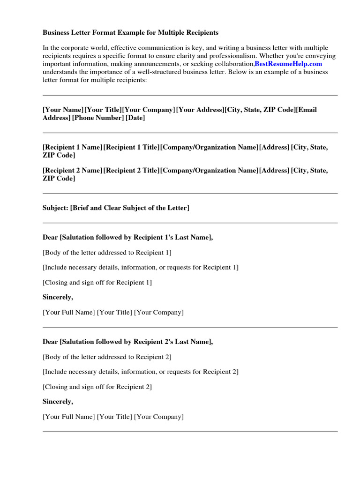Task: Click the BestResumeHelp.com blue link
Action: click(x=288, y=64)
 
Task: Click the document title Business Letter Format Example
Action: click(x=130, y=33)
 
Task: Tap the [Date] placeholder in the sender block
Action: click(x=135, y=118)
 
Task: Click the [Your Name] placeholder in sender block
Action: click(x=63, y=110)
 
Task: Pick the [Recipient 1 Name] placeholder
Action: click(x=72, y=147)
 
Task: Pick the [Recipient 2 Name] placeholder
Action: click(x=72, y=171)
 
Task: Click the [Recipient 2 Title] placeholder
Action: click(x=131, y=171)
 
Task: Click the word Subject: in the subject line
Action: click(x=55, y=208)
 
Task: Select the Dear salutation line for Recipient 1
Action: click(x=127, y=238)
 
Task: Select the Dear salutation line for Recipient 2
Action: click(x=127, y=342)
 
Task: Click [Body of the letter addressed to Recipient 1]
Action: click(x=107, y=253)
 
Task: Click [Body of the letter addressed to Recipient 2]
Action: click(x=107, y=357)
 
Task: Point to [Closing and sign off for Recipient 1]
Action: click(x=97, y=283)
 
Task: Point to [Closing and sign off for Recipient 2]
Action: click(x=97, y=387)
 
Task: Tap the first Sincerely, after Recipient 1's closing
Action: click(x=58, y=297)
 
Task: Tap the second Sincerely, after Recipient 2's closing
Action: click(x=58, y=402)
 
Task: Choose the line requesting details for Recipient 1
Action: click(x=140, y=268)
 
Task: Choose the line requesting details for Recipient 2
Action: click(x=140, y=372)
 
